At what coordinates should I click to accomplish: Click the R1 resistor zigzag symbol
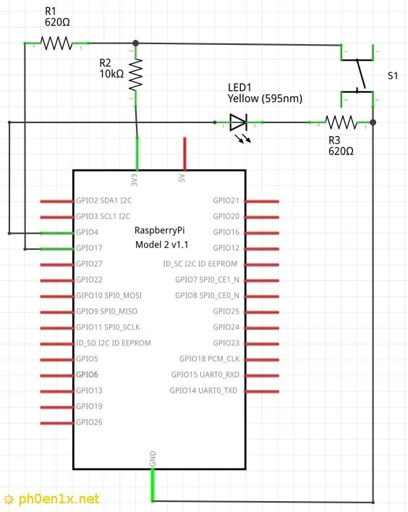(x=56, y=43)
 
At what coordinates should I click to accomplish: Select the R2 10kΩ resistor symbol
(x=136, y=75)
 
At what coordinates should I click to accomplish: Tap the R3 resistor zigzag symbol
(x=341, y=122)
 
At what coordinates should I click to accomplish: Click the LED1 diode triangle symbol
(x=238, y=122)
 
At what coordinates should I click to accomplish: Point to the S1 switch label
(x=393, y=76)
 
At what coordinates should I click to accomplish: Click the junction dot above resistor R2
(x=136, y=43)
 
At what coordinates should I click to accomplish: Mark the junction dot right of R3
(x=373, y=122)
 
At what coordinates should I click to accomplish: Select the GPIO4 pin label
(x=87, y=232)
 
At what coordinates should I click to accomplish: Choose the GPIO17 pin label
(x=89, y=248)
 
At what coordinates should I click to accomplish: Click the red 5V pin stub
(x=185, y=154)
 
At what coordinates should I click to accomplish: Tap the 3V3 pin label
(x=134, y=180)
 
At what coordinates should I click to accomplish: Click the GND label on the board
(x=153, y=459)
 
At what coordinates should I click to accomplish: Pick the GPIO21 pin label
(x=226, y=201)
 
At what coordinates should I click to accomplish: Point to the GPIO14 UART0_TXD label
(x=203, y=390)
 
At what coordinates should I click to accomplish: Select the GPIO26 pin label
(x=89, y=422)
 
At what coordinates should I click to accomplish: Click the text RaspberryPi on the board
(x=159, y=230)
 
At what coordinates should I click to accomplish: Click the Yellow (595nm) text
(x=265, y=98)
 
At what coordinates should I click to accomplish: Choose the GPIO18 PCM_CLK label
(x=209, y=359)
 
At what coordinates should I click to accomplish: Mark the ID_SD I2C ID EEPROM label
(x=114, y=343)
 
